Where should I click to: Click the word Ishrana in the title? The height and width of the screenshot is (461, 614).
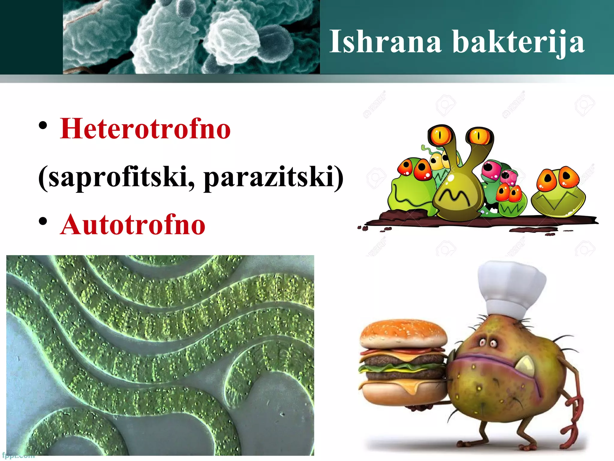pyautogui.click(x=385, y=42)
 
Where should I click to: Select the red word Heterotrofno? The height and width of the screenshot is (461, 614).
pyautogui.click(x=145, y=129)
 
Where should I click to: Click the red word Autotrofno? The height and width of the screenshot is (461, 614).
pyautogui.click(x=133, y=224)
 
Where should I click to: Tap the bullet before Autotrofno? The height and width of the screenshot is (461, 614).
pyautogui.click(x=43, y=221)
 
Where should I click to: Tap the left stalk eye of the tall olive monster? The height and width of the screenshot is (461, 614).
pyautogui.click(x=440, y=135)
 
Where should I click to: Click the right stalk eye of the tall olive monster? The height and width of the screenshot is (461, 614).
pyautogui.click(x=479, y=136)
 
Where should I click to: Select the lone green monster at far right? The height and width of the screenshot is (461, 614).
pyautogui.click(x=558, y=192)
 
